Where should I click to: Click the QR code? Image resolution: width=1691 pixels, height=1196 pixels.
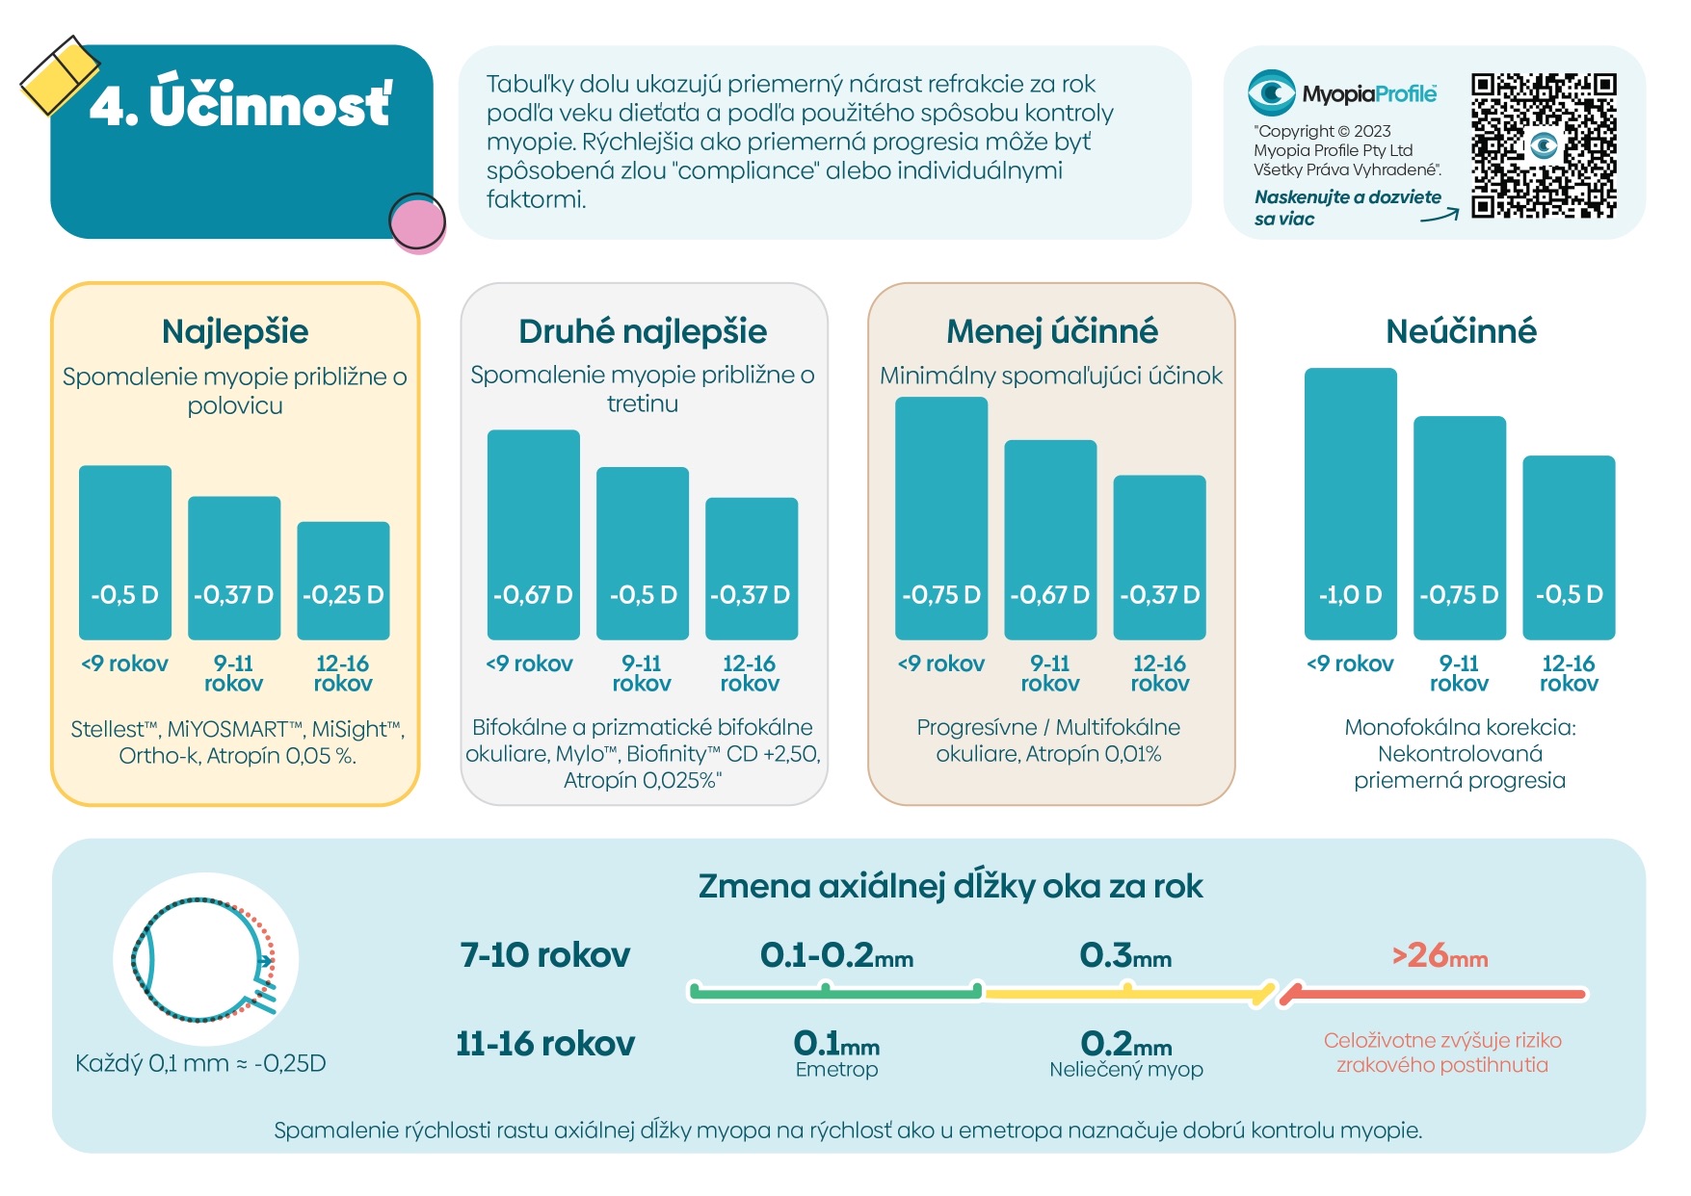pos(1544,145)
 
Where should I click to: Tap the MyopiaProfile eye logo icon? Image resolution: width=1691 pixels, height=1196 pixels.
pos(1271,93)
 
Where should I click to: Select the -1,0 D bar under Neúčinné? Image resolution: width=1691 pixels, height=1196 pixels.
pos(1350,504)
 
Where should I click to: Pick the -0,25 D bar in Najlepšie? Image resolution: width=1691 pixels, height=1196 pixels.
pos(343,581)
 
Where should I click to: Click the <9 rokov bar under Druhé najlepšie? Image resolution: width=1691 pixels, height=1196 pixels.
pos(534,534)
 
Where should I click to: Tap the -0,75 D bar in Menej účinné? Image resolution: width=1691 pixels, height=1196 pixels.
pos(941,518)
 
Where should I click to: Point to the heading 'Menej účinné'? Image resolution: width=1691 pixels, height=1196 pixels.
pos(1051,331)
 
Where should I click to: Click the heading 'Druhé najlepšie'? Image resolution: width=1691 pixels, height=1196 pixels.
pos(643,331)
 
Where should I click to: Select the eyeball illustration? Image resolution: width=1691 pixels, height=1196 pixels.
pos(205,959)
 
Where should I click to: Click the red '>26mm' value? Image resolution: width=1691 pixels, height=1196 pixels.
pos(1440,955)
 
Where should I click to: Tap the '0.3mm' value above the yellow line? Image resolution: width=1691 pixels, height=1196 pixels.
pos(1125,955)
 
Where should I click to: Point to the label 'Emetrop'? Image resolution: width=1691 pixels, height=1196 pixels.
pos(836,1069)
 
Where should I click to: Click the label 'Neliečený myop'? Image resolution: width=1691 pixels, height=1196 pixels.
pos(1125,1069)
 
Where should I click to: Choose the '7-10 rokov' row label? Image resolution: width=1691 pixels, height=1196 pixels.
pos(545,955)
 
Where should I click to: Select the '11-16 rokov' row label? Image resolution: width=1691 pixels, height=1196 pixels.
pos(545,1044)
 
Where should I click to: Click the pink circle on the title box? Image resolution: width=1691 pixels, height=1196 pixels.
pos(417,222)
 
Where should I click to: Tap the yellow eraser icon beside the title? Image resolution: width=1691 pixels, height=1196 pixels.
pos(60,75)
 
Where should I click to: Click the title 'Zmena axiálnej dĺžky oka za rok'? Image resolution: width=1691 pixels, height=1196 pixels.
pos(950,886)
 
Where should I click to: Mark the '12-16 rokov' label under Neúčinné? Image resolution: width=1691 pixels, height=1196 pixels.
pos(1569,673)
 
